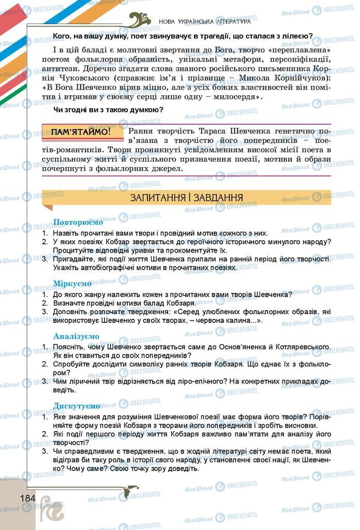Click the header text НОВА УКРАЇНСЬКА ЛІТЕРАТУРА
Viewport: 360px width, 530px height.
point(205,22)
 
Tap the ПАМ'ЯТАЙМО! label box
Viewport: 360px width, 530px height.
point(81,132)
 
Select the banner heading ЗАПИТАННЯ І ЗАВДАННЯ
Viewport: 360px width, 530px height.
point(187,198)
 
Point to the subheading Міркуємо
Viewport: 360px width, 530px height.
point(73,284)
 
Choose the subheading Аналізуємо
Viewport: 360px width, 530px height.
point(77,336)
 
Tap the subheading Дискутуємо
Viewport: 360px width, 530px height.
point(77,405)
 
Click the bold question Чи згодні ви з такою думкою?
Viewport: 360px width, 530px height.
point(109,109)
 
